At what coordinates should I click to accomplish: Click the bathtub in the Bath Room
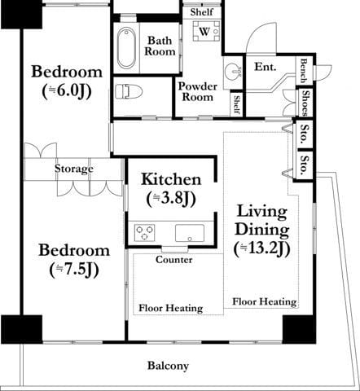[126, 47]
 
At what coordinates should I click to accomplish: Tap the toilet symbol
[129, 91]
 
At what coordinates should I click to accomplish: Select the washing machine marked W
[206, 31]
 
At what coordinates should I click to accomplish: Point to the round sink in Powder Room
[233, 72]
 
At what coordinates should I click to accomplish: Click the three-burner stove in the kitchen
[144, 233]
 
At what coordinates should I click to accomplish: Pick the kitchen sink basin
[190, 233]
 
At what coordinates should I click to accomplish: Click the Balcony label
[168, 366]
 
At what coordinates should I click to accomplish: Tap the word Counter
[174, 260]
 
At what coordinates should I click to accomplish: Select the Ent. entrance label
[266, 67]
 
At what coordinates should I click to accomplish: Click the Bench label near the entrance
[304, 71]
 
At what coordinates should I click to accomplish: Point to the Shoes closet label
[305, 103]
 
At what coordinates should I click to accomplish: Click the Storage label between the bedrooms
[74, 169]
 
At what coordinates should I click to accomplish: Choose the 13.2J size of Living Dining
[262, 248]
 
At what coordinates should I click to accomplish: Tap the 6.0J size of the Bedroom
[67, 91]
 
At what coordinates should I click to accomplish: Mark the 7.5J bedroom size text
[74, 270]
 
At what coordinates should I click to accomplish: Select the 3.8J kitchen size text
[171, 199]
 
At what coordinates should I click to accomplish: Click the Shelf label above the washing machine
[201, 12]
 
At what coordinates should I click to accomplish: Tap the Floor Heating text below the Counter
[171, 308]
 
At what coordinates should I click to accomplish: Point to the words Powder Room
[197, 91]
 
